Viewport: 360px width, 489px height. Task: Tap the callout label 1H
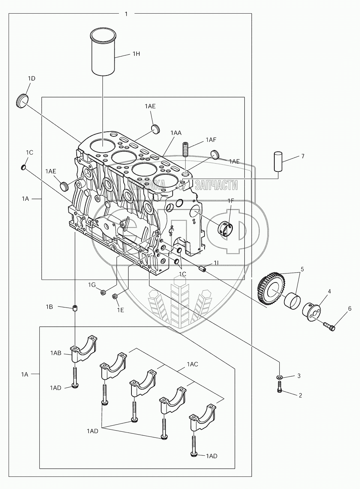click(136, 54)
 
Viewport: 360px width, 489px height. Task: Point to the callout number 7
click(303, 156)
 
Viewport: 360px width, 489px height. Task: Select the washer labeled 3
click(279, 377)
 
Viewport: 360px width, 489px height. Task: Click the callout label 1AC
click(192, 364)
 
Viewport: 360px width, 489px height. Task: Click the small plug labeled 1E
click(115, 297)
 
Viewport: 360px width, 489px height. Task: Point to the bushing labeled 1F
click(225, 229)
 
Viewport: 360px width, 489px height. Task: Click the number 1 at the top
click(126, 14)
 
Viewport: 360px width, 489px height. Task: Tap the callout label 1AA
click(176, 133)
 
